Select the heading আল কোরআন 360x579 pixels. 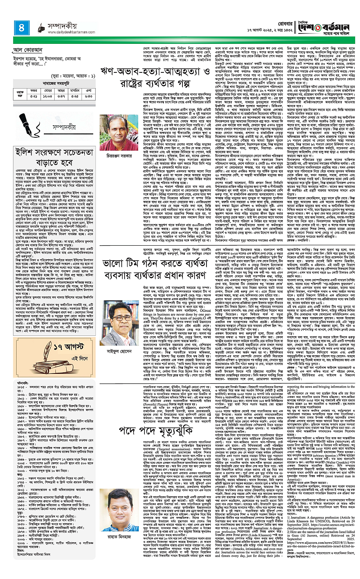29,50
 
